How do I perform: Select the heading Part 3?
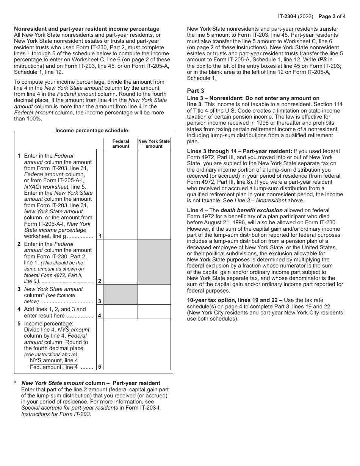coord(196,91)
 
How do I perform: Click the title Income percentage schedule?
coord(92,131)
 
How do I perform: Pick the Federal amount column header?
coord(121,144)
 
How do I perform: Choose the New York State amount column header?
coord(154,144)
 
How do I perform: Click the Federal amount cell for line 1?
coord(121,194)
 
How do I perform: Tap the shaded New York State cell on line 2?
coord(154,262)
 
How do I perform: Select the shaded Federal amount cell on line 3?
coord(121,294)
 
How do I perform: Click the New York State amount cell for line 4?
coord(154,312)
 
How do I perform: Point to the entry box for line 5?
coord(137,344)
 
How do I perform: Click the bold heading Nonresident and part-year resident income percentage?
coord(87,29)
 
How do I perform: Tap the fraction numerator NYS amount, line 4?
coord(54,360)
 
